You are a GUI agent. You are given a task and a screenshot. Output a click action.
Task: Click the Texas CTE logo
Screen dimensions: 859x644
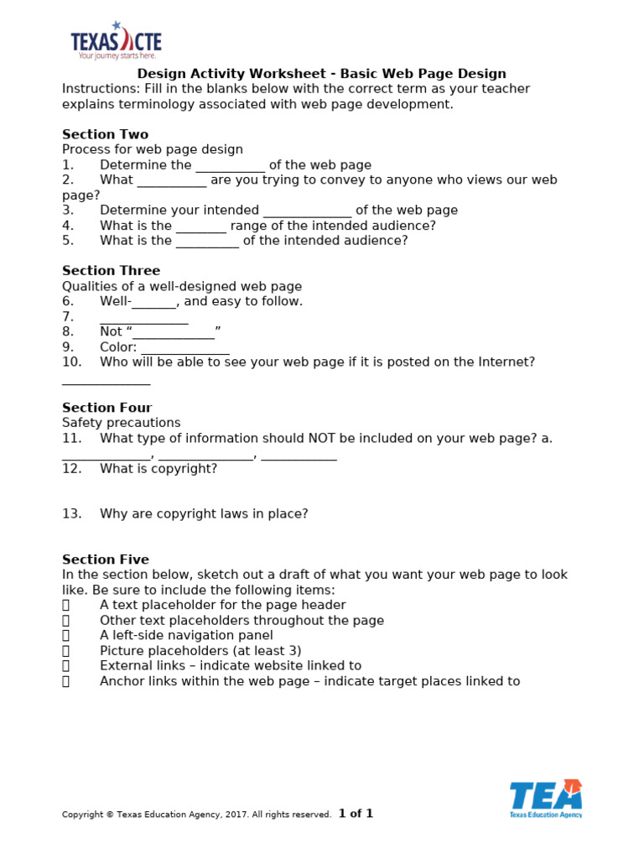pos(116,41)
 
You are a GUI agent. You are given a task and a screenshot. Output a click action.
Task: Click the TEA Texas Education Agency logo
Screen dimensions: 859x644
pos(546,799)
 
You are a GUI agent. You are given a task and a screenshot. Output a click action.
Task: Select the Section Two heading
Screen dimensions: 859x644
pos(105,134)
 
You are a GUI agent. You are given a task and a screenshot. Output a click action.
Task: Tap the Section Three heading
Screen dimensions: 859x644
pos(111,271)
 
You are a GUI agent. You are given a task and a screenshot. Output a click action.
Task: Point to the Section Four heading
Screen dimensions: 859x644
pos(106,408)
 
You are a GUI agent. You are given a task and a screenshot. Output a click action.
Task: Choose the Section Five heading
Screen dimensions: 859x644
pos(106,560)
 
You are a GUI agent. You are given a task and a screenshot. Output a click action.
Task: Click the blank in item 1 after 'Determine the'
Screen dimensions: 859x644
pos(230,166)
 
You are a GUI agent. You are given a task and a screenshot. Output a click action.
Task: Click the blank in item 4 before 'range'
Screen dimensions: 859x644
pos(200,226)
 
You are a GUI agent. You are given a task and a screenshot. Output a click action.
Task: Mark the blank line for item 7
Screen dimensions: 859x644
pos(143,318)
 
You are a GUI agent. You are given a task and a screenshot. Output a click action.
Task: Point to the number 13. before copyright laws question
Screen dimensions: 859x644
pos(71,514)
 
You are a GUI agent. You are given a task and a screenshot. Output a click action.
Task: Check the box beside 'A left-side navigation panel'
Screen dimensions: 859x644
pos(65,636)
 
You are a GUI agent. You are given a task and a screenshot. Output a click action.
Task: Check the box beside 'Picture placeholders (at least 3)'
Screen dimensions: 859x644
pos(65,651)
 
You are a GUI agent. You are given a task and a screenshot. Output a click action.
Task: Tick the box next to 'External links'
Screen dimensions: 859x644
pos(65,666)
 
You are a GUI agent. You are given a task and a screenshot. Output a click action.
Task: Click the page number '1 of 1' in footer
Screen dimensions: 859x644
pos(356,814)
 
